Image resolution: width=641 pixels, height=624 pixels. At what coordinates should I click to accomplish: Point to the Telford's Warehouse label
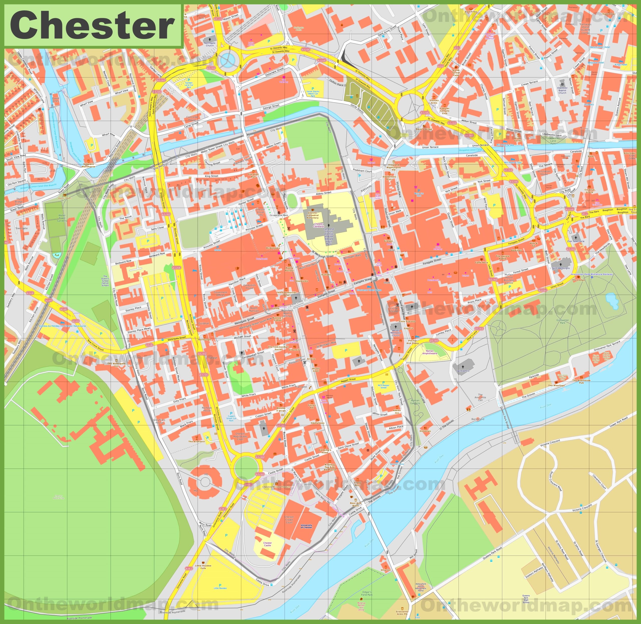89,165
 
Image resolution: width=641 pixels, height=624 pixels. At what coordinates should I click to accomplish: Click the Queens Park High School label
526,599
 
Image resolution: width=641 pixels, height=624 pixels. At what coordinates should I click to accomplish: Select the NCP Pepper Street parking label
384,386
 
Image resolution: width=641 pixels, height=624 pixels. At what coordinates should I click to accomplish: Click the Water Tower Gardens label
62,218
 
